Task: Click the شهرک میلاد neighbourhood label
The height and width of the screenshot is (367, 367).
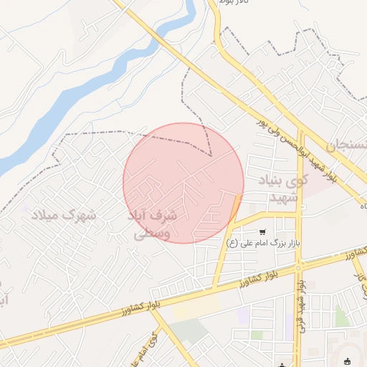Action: [x=64, y=214]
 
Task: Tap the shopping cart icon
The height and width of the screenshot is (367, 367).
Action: [x=264, y=232]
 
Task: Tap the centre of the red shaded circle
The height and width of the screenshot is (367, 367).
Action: [x=183, y=183]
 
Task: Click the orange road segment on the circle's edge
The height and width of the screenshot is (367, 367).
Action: [x=235, y=205]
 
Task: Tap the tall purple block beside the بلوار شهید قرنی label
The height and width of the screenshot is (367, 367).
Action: [x=290, y=326]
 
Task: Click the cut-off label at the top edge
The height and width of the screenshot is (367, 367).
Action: [x=236, y=3]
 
